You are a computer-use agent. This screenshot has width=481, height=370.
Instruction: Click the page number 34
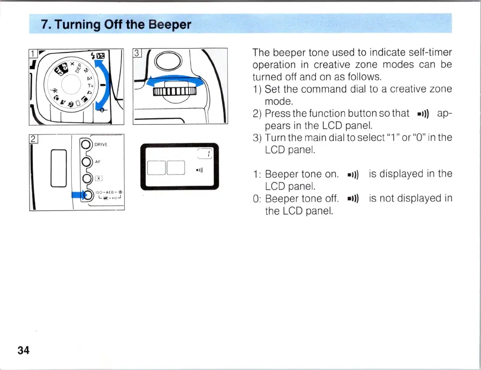pos(23,351)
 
